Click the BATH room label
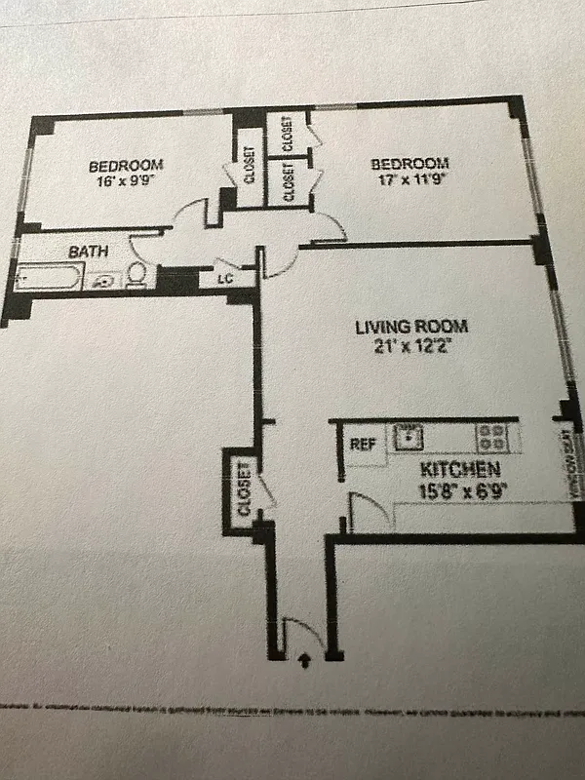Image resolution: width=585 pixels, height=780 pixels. pyautogui.click(x=87, y=252)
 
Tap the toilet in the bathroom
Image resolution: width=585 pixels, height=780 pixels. pyautogui.click(x=136, y=276)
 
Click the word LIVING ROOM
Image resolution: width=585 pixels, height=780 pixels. pyautogui.click(x=410, y=327)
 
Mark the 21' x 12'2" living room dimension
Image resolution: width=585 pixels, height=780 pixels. pyautogui.click(x=410, y=345)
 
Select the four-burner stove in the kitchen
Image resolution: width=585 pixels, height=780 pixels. pyautogui.click(x=491, y=436)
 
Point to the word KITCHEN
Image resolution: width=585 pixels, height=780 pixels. pyautogui.click(x=448, y=470)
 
